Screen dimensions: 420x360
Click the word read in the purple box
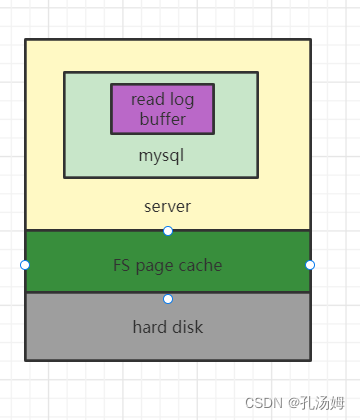148,99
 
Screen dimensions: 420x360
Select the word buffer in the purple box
162,118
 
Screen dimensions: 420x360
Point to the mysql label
161,156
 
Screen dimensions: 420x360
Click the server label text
167,207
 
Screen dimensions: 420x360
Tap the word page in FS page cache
159,266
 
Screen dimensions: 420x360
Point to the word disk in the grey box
188,327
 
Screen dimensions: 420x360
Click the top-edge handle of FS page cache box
168,231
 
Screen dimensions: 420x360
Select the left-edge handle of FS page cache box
25,265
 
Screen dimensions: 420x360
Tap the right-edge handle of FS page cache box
310,265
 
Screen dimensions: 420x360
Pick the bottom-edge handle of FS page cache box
168,298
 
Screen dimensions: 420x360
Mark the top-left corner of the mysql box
65,73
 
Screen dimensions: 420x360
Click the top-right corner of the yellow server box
310,40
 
